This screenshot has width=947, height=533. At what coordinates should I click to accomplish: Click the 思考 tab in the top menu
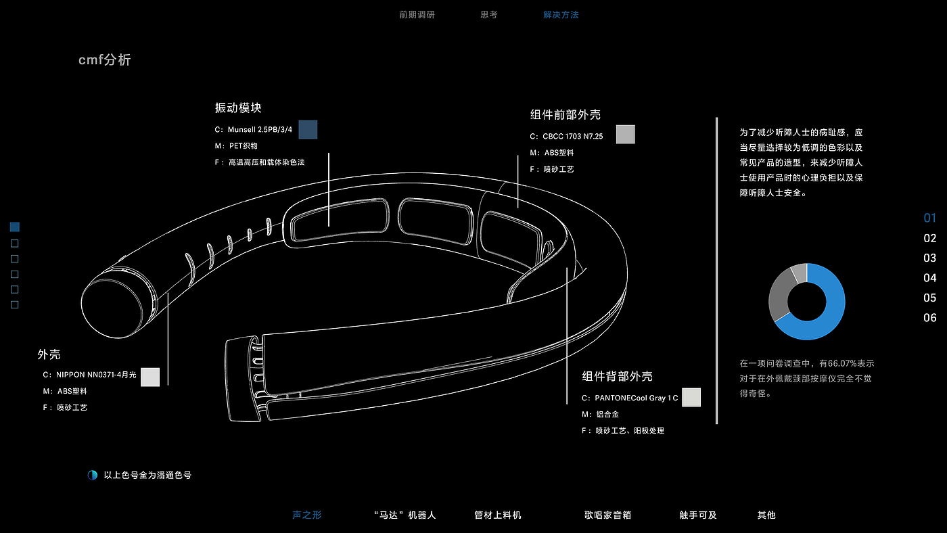click(x=488, y=14)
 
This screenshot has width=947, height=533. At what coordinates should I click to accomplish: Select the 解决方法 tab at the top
click(x=561, y=14)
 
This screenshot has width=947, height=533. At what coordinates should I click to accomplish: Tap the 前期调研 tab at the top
click(x=417, y=14)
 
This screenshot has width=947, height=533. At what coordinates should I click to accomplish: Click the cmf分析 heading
click(x=105, y=60)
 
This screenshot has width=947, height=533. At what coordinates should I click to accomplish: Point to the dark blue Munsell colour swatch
click(x=308, y=129)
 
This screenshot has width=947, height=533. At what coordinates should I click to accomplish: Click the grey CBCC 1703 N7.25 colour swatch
click(x=626, y=134)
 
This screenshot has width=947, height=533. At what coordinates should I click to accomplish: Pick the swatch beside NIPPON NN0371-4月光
click(x=150, y=377)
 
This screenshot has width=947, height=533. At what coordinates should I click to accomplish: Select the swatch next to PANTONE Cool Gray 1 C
click(x=691, y=397)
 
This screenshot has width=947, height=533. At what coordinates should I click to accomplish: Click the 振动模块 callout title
click(x=238, y=108)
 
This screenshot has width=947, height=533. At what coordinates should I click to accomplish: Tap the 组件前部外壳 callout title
click(x=565, y=114)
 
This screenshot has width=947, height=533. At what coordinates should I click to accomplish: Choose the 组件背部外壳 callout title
click(x=618, y=376)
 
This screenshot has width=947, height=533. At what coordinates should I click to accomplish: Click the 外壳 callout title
click(x=49, y=354)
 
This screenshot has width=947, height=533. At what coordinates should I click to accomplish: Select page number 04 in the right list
click(x=930, y=278)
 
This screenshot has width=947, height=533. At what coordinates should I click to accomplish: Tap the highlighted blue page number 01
click(x=930, y=218)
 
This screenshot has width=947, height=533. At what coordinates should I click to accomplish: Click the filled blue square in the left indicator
click(x=15, y=227)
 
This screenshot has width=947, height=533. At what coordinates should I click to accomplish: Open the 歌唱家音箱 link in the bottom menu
click(x=608, y=515)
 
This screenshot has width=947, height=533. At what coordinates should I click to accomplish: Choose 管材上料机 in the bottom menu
click(x=498, y=515)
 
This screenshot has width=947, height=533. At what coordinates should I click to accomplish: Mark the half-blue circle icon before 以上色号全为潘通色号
click(x=92, y=476)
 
